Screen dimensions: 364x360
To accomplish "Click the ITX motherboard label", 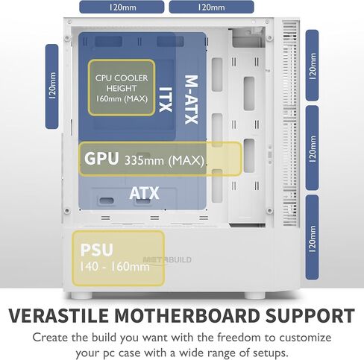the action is pyautogui.click(x=166, y=99).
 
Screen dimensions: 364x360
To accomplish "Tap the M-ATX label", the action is pyautogui.click(x=192, y=99).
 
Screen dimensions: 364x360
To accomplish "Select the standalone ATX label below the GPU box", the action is pyautogui.click(x=144, y=193).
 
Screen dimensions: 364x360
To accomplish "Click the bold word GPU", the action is pyautogui.click(x=101, y=158).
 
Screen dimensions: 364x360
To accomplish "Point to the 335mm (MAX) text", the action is pyautogui.click(x=164, y=160).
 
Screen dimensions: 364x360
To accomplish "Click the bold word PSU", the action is pyautogui.click(x=97, y=250).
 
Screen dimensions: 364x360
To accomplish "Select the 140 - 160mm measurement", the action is pyautogui.click(x=115, y=267).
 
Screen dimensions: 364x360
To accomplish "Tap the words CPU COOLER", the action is pyautogui.click(x=122, y=78).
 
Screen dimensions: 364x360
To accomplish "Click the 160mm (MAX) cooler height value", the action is pyautogui.click(x=122, y=99).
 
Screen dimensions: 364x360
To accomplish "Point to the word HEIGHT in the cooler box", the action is pyautogui.click(x=122, y=89).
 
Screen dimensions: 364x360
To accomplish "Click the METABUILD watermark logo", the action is pyautogui.click(x=167, y=260).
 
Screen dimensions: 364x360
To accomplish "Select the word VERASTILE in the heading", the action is pyautogui.click(x=59, y=315).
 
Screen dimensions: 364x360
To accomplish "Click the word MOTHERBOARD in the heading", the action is pyautogui.click(x=187, y=315).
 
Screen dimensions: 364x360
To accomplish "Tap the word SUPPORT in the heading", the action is pyautogui.click(x=310, y=315).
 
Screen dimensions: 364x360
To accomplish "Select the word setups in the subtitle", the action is pyautogui.click(x=270, y=353).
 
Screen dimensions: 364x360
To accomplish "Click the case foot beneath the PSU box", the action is pyautogui.click(x=81, y=295).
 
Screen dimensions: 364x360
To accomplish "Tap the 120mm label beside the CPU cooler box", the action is pyautogui.click(x=52, y=86).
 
